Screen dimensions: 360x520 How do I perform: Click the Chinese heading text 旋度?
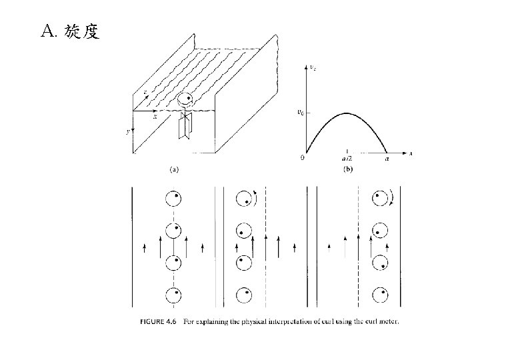coord(83,31)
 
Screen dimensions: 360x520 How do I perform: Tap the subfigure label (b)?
coord(347,169)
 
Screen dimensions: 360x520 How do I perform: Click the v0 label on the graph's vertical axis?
coord(301,113)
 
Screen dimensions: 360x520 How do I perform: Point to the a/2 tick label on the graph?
coord(347,159)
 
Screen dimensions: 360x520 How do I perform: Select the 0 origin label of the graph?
coord(303,159)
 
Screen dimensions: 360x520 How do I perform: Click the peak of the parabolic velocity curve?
coord(347,113)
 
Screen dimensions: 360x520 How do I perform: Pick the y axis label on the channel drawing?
coord(127,132)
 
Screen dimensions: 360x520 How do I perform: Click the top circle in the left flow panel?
coord(173,198)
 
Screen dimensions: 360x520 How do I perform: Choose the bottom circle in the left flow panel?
coord(173,294)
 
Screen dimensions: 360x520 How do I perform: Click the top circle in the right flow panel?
coord(381,198)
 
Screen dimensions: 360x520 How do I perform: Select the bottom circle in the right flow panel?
coord(381,294)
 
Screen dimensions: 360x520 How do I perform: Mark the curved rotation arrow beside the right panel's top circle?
coord(394,198)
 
